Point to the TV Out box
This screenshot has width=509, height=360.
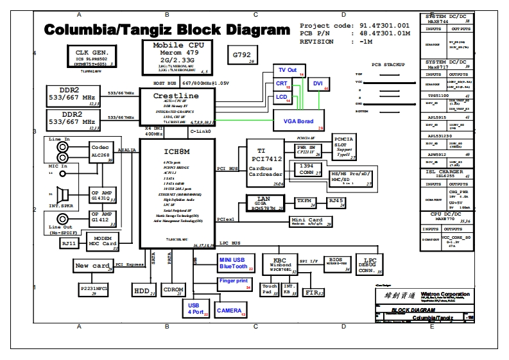[288, 70]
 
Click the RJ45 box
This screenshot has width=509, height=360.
[336, 201]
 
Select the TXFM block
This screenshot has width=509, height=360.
[304, 201]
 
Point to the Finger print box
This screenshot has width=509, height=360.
[234, 283]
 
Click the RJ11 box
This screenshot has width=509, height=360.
[68, 243]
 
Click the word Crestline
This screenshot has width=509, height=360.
[176, 96]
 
